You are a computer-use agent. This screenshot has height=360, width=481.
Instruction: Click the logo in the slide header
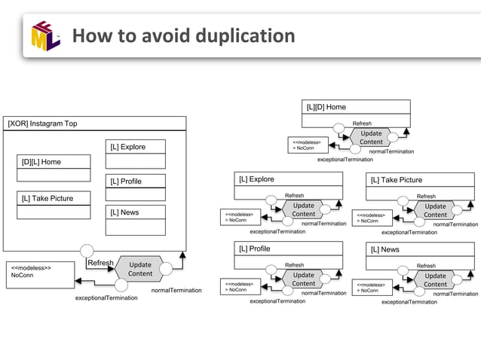pos(45,37)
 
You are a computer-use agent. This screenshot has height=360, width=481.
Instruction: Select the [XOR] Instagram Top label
pos(42,124)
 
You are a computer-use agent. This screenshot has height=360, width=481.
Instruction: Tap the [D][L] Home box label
pos(41,162)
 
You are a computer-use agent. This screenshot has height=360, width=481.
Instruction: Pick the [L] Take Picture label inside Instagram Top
pos(47,198)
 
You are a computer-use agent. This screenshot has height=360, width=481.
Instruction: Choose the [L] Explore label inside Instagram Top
pos(128,147)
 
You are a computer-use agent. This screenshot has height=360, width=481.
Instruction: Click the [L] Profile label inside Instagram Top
pos(126,182)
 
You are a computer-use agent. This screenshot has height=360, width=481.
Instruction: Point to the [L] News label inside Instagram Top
pos(124,212)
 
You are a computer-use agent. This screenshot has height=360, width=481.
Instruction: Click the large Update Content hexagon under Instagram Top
pos(139,269)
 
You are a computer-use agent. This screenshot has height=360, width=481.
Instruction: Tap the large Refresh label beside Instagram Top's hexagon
pos(100,263)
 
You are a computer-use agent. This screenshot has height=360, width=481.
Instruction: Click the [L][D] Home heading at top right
pos(326,107)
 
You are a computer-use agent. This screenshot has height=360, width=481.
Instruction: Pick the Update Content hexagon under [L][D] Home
pos(371,137)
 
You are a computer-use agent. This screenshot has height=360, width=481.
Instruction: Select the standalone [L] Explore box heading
pos(256,179)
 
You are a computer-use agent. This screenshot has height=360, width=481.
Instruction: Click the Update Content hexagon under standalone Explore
pos(304,209)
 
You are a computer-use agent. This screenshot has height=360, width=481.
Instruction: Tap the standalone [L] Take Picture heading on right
pos(396,180)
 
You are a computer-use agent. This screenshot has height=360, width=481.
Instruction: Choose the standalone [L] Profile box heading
pos(254,249)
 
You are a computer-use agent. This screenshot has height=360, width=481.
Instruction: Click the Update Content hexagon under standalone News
pos(435,279)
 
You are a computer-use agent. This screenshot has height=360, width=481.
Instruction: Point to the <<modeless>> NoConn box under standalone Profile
pos(239,287)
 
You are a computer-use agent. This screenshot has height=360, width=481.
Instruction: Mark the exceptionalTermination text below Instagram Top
pos(106,298)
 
